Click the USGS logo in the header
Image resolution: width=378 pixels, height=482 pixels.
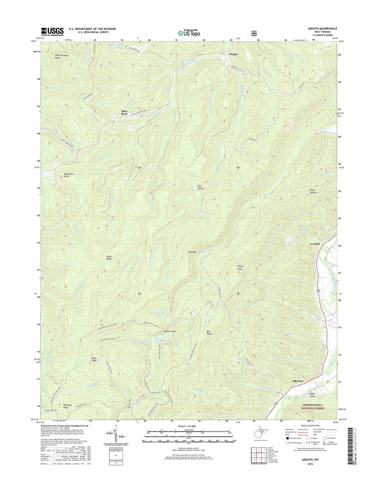[52, 32]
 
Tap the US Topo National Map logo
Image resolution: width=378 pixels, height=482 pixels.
[189, 33]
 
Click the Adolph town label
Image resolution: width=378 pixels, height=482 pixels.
[233, 54]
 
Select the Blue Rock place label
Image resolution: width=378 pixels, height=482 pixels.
[124, 112]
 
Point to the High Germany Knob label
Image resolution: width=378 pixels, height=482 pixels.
[62, 56]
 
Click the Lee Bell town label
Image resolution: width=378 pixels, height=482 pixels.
[315, 244]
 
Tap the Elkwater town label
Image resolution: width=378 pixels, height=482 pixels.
[298, 381]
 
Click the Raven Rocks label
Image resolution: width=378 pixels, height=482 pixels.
[170, 331]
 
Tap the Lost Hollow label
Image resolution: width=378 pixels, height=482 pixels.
[200, 187]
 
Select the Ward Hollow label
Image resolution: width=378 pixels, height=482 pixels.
[313, 191]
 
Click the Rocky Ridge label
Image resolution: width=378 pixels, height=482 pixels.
[109, 257]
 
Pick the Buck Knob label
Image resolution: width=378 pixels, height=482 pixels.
[94, 359]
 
